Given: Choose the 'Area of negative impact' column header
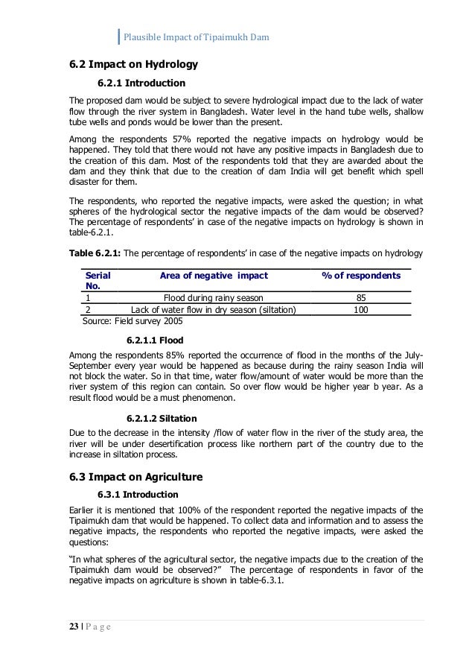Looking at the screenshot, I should [x=214, y=275].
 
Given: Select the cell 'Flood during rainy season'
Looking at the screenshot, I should [x=212, y=297].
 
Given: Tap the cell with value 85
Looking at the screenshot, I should [x=360, y=297].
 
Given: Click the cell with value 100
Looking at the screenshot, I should [x=360, y=309].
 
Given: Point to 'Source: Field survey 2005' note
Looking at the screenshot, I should [x=133, y=321].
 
